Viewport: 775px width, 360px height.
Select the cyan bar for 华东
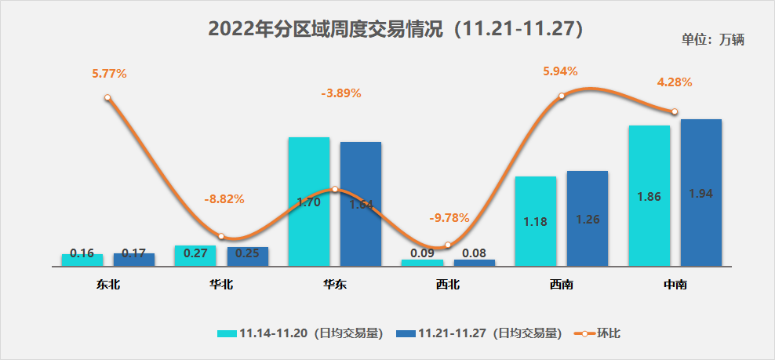pos(308,201)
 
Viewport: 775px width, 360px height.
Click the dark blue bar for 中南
pos(700,192)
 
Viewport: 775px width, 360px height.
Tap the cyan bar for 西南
pos(536,220)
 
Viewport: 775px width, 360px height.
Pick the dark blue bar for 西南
pos(588,218)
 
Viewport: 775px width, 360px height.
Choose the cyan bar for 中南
pos(649,195)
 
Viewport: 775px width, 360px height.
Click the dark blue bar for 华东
pos(360,203)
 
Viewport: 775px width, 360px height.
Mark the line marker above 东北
pos(107,98)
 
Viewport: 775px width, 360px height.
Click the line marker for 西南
pos(562,96)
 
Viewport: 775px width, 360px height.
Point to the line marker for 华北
pos(221,236)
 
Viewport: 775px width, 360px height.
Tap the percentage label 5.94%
pos(560,71)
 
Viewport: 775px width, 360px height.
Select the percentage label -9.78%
pos(448,216)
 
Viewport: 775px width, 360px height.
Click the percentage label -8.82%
pos(224,199)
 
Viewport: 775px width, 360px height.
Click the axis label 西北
pos(448,285)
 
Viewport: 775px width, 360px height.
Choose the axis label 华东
pos(335,285)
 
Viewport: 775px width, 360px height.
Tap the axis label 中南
pos(675,285)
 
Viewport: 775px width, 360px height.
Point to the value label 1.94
pos(700,193)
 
